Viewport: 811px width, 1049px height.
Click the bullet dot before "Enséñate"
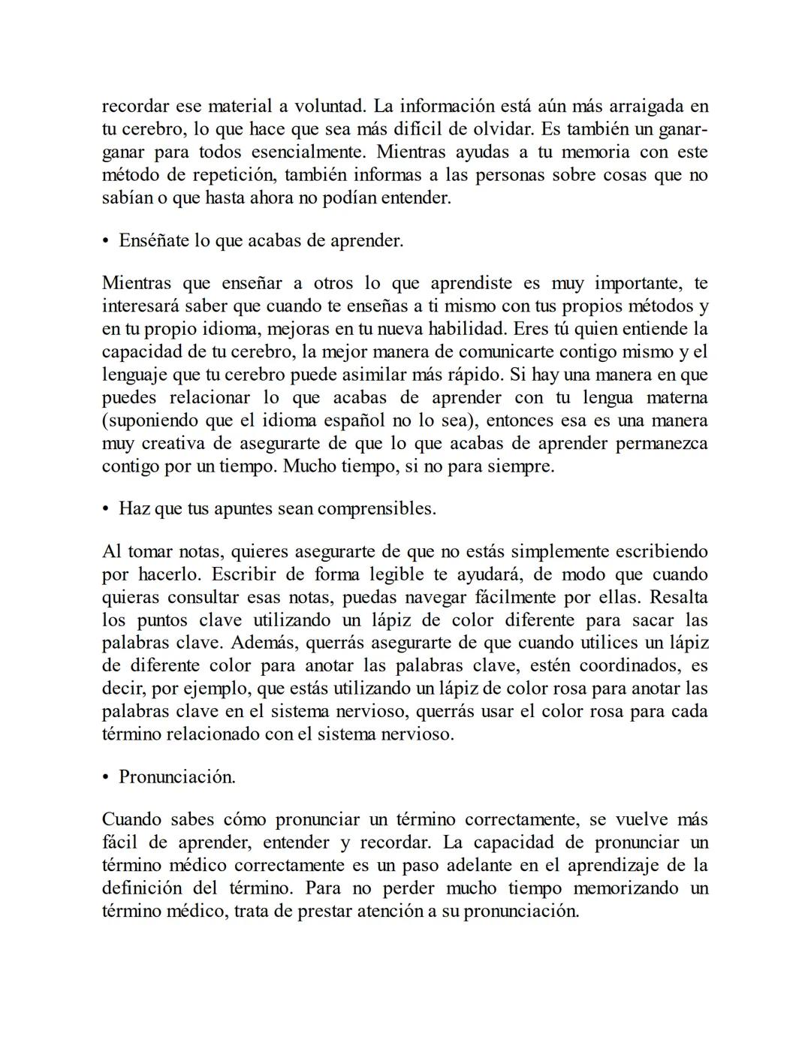tap(106, 241)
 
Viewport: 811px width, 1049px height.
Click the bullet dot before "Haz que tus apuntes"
tap(106, 509)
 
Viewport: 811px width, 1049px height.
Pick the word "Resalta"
tap(679, 597)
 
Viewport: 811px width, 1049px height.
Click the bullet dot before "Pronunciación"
tap(106, 777)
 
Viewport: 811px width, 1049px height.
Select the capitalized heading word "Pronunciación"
tap(177, 777)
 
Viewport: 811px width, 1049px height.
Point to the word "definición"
tap(142, 888)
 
